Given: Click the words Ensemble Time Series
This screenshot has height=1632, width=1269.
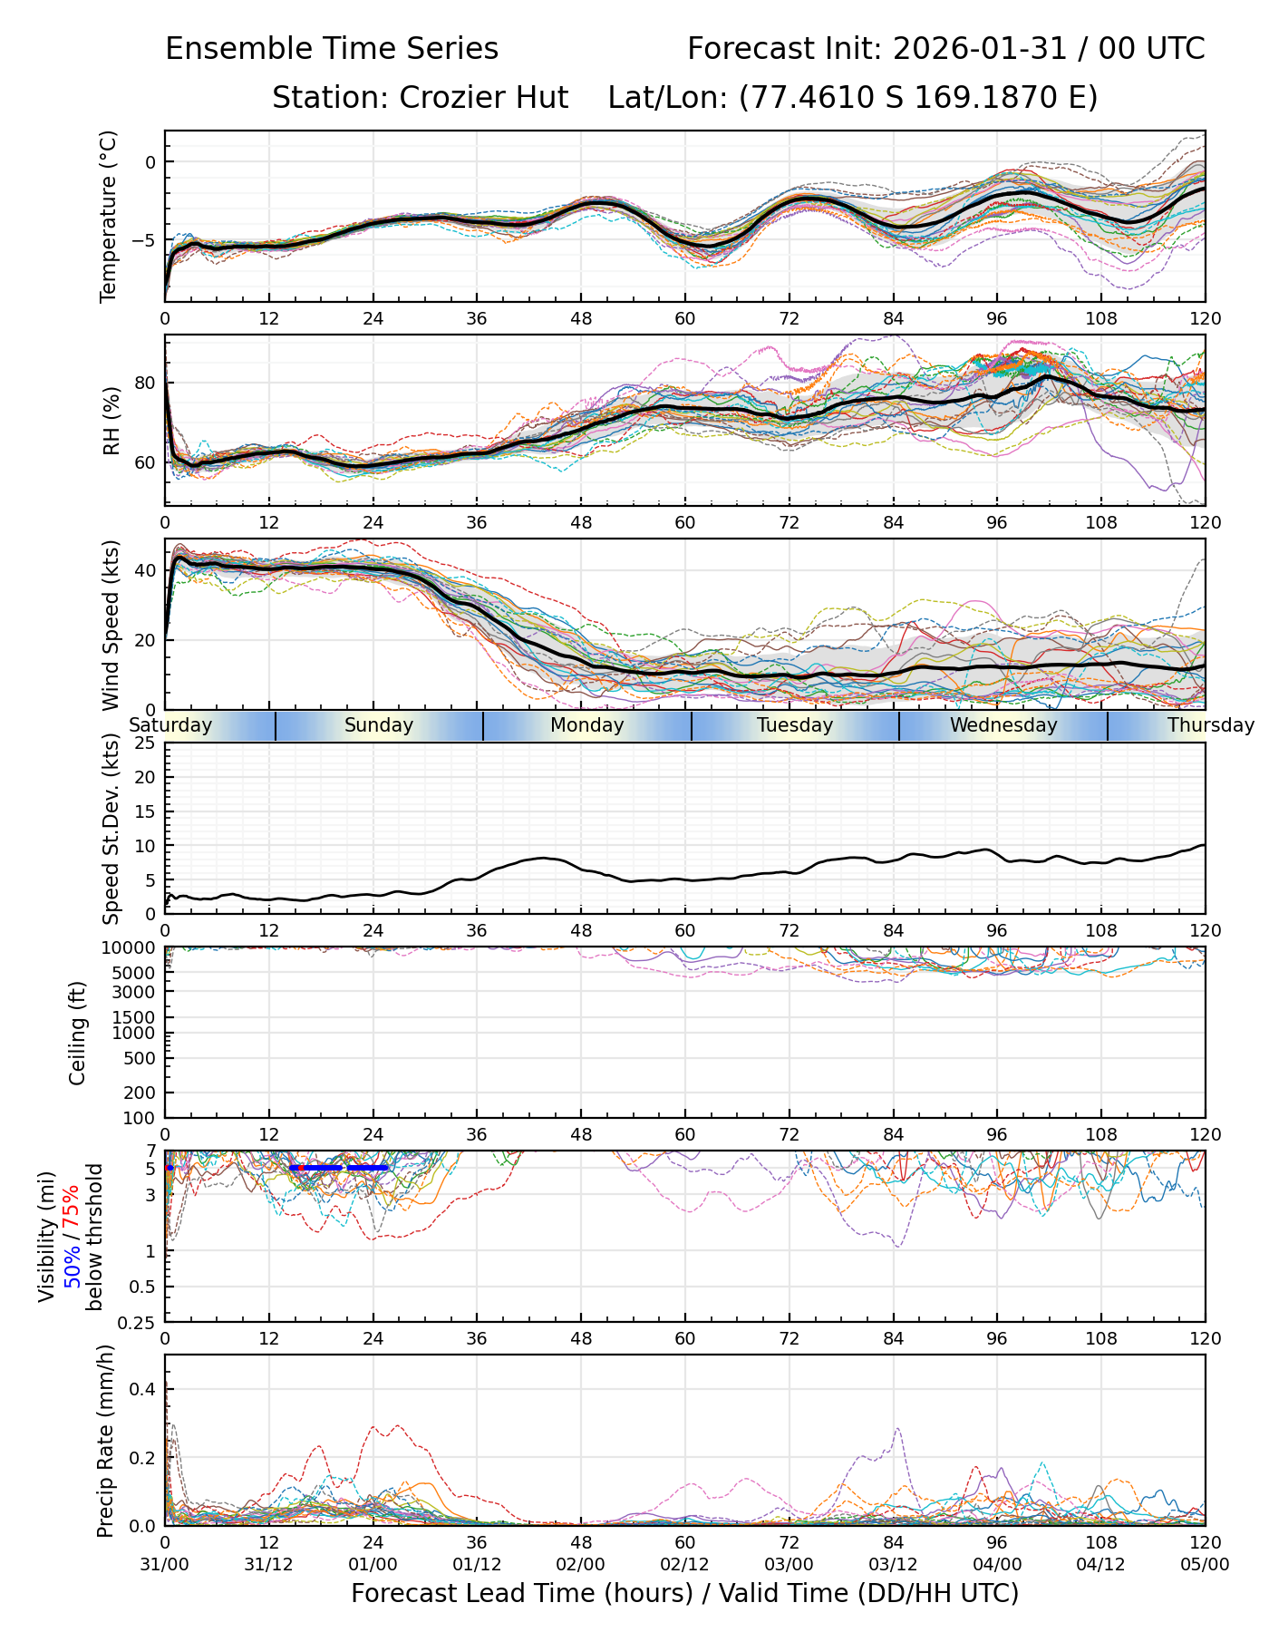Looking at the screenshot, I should click(x=332, y=49).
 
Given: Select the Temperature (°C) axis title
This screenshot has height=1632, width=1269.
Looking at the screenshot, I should click(x=110, y=216).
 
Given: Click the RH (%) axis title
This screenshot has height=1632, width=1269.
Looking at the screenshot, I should click(x=110, y=420).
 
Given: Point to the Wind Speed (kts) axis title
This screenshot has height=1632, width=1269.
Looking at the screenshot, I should click(x=110, y=625).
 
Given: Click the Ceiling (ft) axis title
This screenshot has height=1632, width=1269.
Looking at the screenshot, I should click(x=78, y=1033).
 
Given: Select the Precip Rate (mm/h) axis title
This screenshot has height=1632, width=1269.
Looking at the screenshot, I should click(x=105, y=1440).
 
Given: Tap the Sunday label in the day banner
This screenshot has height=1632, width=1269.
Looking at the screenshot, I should click(x=379, y=725).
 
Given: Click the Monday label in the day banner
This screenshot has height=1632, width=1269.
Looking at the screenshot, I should click(x=587, y=725).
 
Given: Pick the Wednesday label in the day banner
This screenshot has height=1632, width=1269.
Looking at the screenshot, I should click(x=1003, y=725).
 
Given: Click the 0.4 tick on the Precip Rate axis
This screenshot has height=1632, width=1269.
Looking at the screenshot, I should click(x=145, y=1389).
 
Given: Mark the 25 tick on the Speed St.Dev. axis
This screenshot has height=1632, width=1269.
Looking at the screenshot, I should click(x=145, y=743).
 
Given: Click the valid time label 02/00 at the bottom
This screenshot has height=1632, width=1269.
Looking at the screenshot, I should click(x=581, y=1565).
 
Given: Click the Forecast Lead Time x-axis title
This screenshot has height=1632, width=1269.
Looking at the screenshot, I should click(x=684, y=1594).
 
